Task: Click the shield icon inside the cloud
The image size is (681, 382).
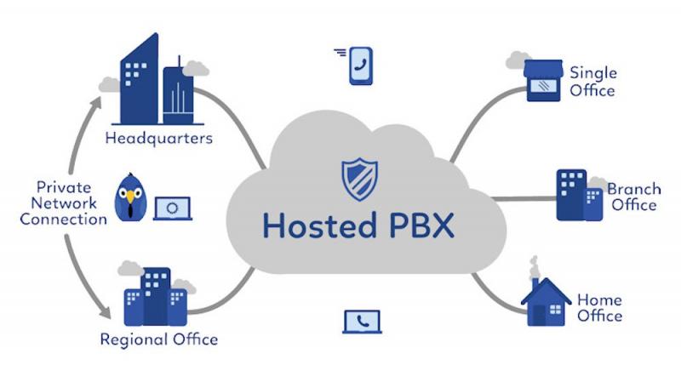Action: click(359, 180)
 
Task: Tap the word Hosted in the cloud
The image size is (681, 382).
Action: click(320, 225)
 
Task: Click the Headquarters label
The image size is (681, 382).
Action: click(159, 139)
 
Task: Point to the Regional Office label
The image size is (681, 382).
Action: click(159, 339)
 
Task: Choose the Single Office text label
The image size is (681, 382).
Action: click(592, 82)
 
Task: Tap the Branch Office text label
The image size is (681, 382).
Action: click(634, 197)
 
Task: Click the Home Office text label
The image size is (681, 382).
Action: click(599, 307)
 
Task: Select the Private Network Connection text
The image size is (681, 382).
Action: click(63, 203)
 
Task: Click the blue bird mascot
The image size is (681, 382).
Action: click(130, 197)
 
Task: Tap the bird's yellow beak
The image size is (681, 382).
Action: click(130, 197)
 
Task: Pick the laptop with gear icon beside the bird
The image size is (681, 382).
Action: click(173, 208)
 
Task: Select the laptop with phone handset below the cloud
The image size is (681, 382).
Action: click(363, 322)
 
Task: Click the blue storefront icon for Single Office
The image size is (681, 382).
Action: click(543, 81)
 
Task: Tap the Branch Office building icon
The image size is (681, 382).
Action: click(580, 195)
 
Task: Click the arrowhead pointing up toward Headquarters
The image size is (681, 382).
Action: click(96, 102)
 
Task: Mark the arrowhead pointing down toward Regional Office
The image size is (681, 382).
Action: click(106, 313)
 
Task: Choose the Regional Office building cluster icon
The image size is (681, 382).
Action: click(156, 297)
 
